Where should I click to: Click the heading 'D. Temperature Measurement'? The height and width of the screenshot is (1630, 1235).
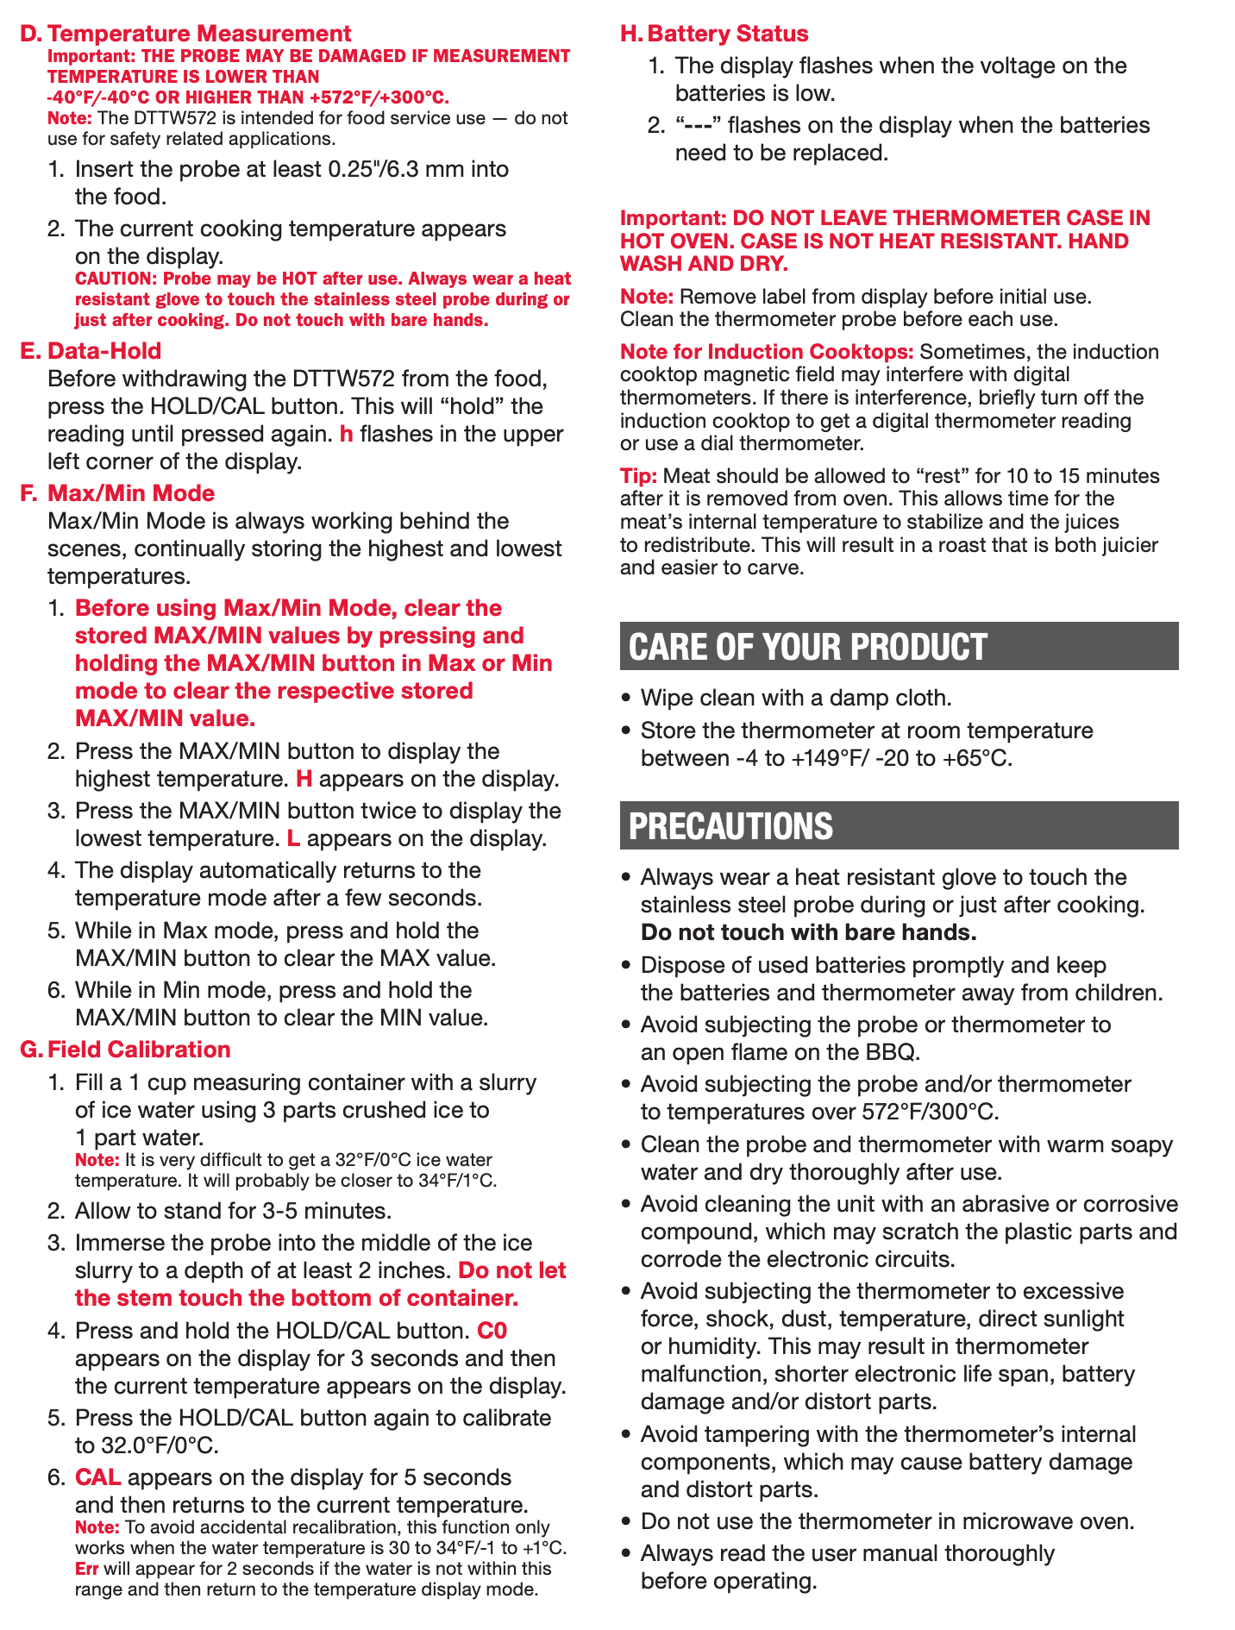[185, 34]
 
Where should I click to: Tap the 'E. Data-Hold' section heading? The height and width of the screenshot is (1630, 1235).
[91, 351]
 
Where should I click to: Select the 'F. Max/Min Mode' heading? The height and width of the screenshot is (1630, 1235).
[117, 493]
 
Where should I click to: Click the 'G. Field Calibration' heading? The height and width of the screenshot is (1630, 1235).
[125, 1050]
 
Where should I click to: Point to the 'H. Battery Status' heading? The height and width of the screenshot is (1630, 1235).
[714, 34]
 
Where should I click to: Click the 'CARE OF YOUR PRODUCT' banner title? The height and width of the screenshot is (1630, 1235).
[807, 647]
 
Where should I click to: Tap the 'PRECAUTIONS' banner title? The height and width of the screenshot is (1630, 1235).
[730, 826]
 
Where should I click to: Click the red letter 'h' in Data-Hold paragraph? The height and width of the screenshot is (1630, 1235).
[347, 434]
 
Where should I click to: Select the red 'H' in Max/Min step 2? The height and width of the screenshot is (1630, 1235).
[304, 779]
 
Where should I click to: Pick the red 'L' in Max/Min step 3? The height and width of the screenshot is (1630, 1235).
[293, 838]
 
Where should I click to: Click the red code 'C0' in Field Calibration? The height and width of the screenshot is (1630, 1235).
[492, 1331]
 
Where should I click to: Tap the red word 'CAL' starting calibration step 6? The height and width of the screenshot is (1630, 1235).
[97, 1477]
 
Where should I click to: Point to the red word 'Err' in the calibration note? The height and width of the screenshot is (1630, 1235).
[87, 1568]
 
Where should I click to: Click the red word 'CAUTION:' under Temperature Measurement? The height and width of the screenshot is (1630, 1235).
[116, 279]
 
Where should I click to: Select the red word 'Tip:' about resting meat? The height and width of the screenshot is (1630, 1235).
[638, 476]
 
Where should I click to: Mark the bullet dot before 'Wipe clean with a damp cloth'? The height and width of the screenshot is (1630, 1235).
[627, 698]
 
